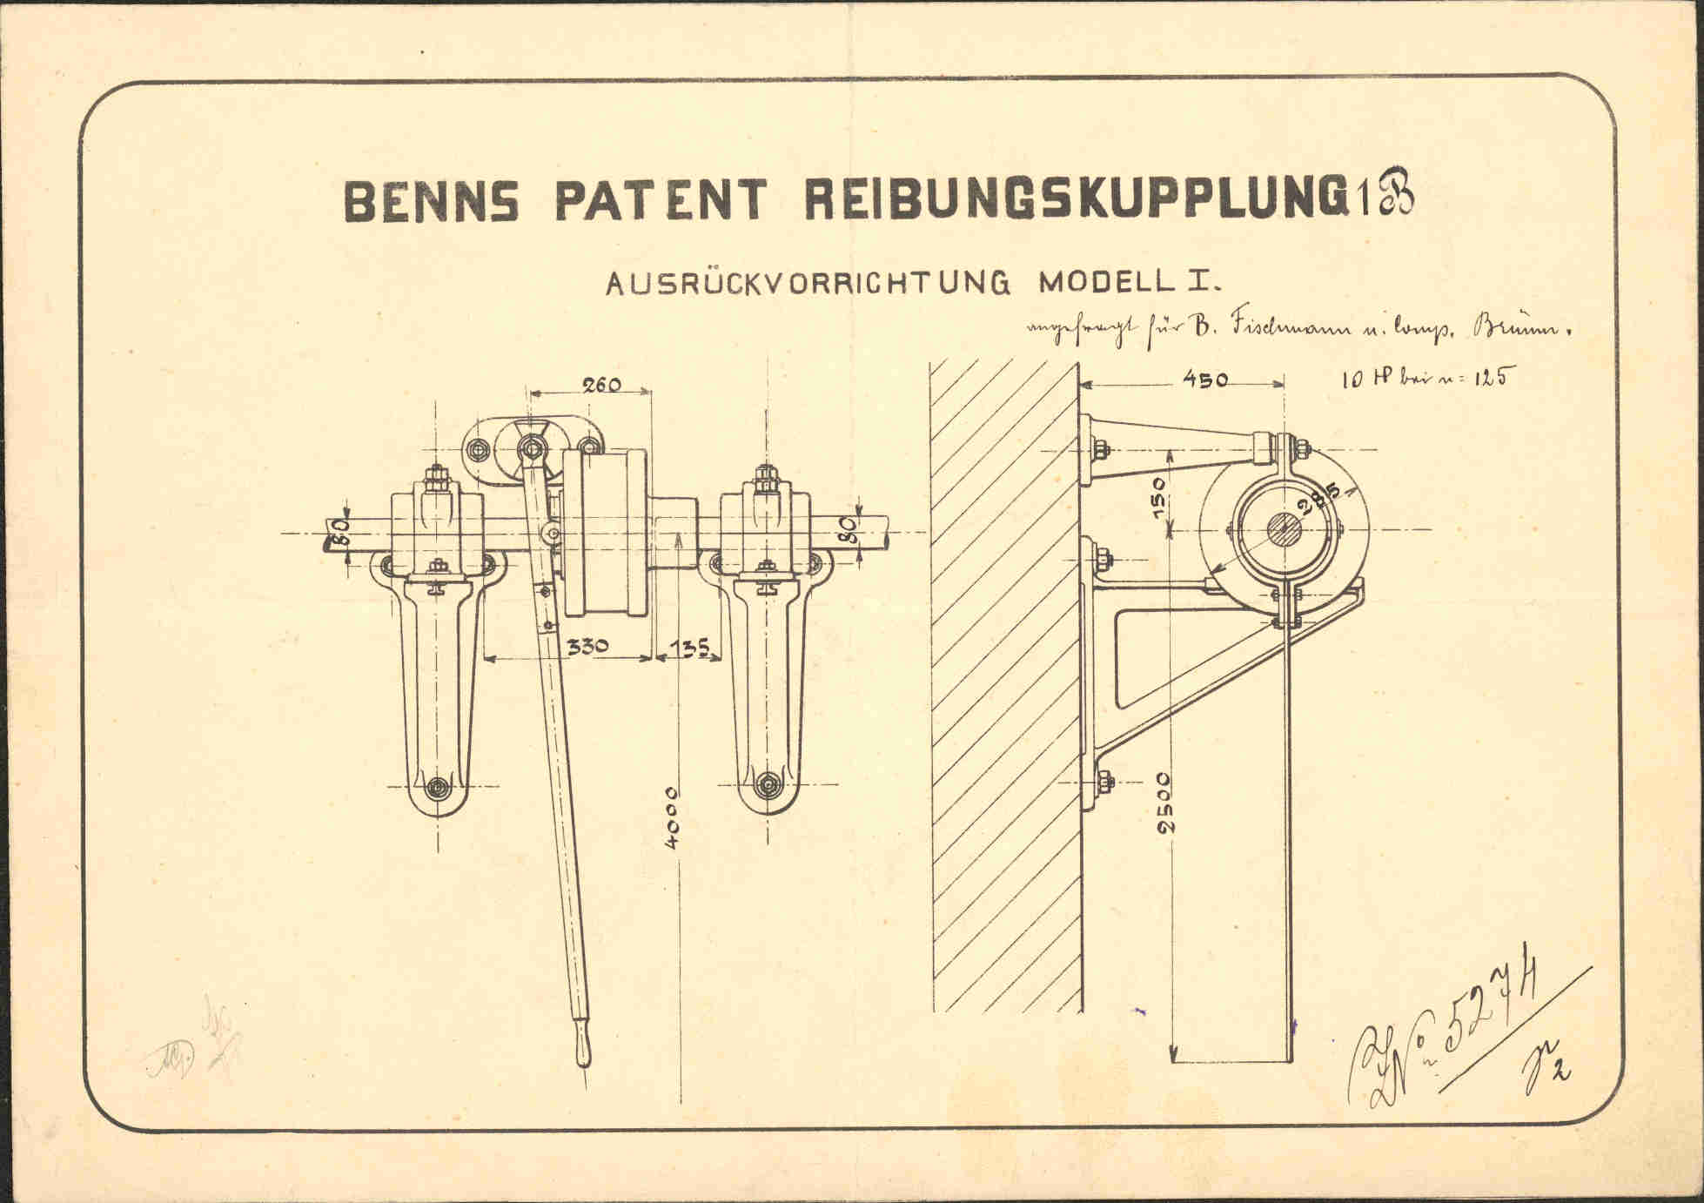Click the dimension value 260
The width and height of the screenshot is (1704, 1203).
point(601,384)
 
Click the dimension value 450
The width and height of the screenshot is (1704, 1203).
point(1204,380)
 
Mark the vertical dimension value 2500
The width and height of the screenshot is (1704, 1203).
point(1166,802)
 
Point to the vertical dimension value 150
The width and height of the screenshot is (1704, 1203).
point(1159,497)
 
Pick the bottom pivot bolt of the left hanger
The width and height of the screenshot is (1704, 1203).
point(439,785)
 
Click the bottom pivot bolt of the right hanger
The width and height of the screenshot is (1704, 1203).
point(767,783)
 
